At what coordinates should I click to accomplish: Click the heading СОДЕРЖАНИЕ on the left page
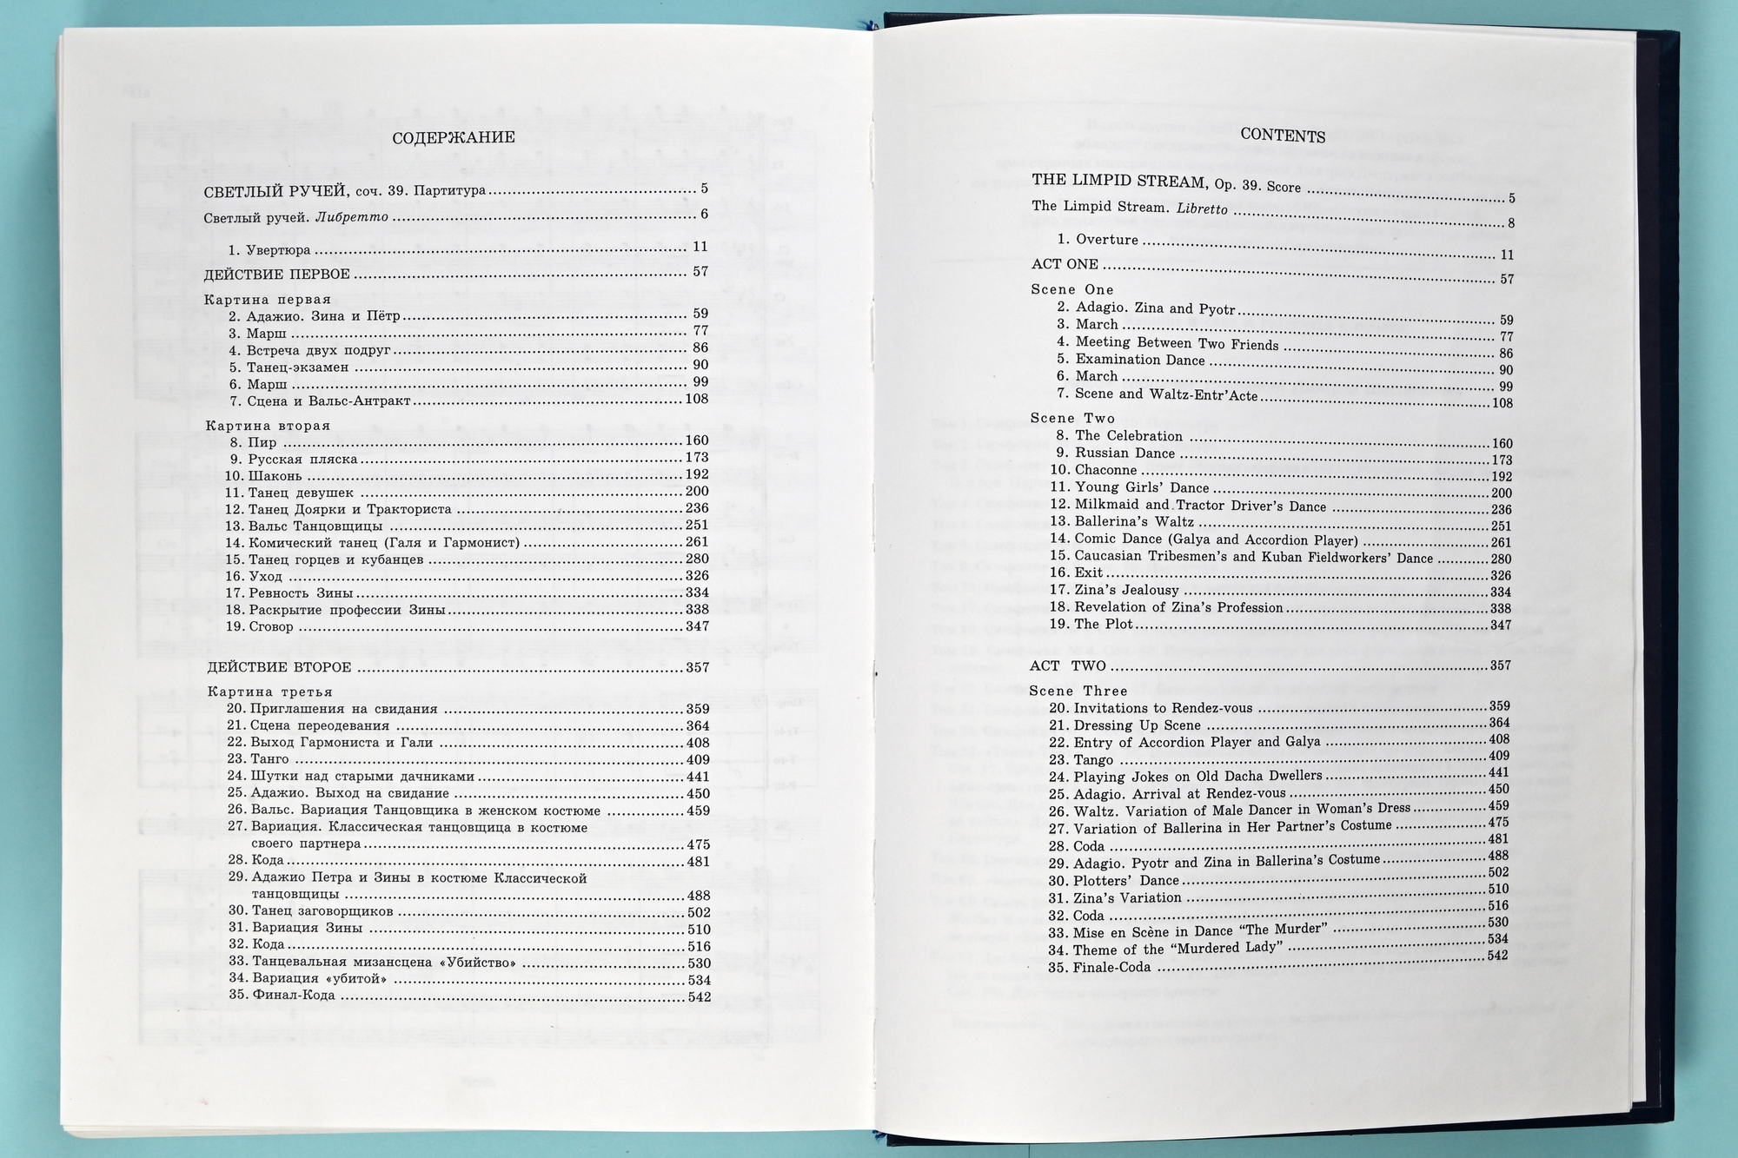(x=453, y=138)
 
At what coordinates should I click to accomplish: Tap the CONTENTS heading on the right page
(x=1283, y=136)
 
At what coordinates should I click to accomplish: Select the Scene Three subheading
(x=1078, y=691)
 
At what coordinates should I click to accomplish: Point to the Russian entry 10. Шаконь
(x=263, y=476)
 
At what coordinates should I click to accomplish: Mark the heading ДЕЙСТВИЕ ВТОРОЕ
(x=280, y=668)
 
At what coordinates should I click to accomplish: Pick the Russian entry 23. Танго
(x=258, y=759)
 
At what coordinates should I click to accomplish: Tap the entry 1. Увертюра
(x=269, y=250)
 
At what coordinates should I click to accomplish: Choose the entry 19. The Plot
(x=1092, y=624)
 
